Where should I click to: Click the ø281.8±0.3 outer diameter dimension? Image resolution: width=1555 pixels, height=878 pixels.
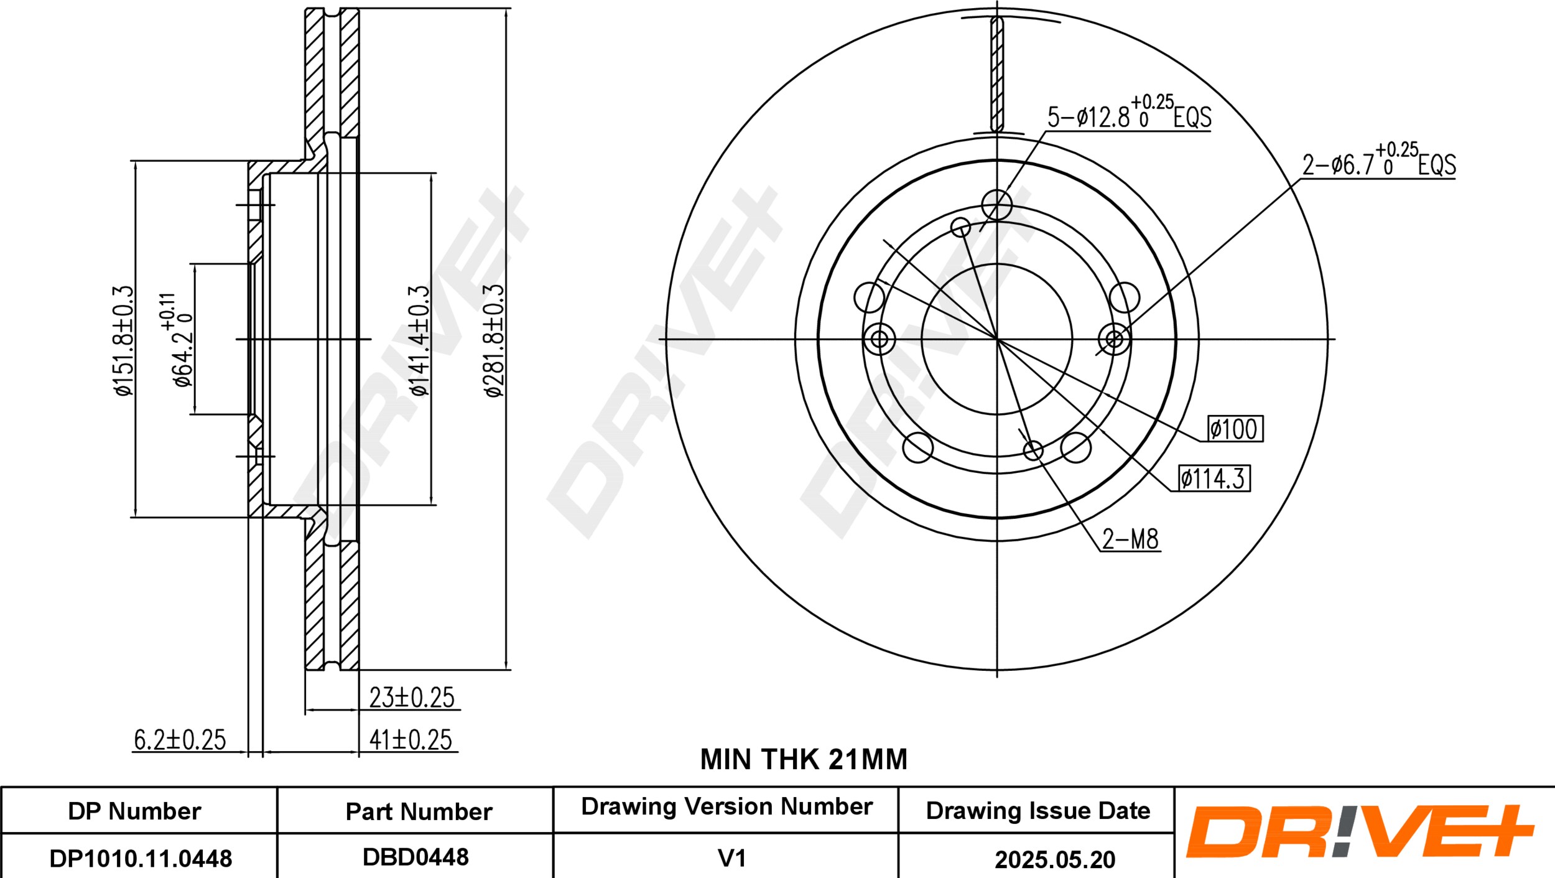click(493, 340)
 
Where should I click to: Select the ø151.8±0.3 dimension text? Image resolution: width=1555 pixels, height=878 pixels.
click(123, 340)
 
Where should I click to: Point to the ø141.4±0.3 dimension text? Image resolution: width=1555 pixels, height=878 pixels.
click(419, 340)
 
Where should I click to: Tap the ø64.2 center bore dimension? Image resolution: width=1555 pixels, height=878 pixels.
click(177, 340)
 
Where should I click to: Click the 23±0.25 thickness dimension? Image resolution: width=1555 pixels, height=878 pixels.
click(412, 697)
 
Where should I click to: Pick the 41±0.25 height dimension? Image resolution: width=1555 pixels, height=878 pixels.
click(411, 739)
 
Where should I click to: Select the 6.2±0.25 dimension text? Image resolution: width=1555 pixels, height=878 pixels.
click(180, 739)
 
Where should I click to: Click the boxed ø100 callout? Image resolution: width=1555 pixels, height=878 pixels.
click(1235, 429)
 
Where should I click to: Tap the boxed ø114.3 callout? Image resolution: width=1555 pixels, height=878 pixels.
click(1212, 479)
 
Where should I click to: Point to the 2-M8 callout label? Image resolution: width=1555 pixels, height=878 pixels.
click(1130, 539)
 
